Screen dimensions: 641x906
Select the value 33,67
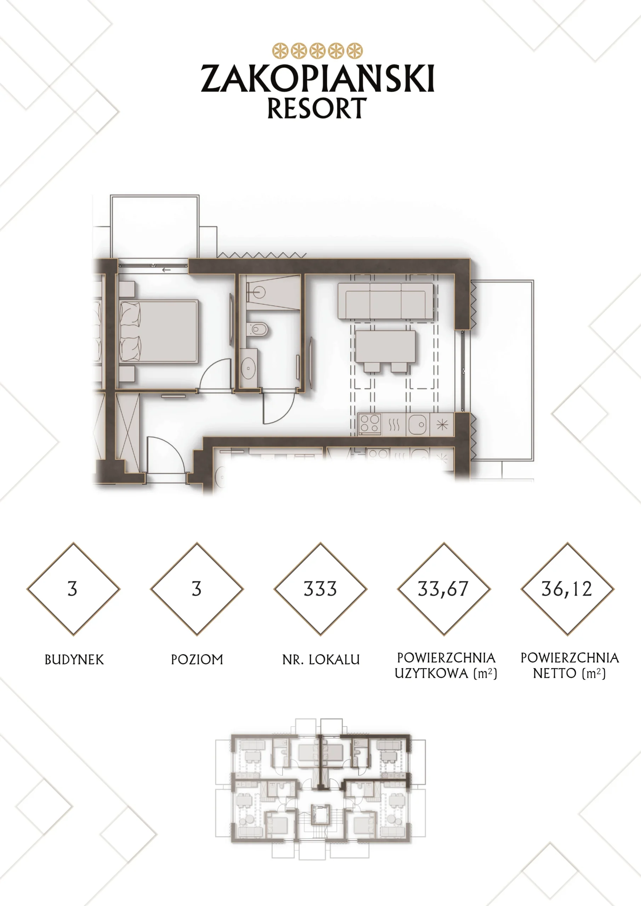(443, 589)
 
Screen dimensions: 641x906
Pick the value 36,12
(567, 589)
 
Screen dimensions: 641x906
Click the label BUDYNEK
(74, 659)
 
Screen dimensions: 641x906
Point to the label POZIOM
(197, 659)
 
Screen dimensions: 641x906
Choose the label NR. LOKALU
(321, 659)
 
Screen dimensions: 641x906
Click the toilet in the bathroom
(257, 329)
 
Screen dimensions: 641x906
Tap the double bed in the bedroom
(159, 332)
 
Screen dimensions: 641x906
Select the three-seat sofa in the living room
(385, 301)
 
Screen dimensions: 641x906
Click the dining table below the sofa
(385, 347)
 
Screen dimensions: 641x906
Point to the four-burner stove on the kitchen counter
(370, 424)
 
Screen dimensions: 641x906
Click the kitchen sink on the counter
(418, 425)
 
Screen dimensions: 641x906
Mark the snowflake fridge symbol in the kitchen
(442, 425)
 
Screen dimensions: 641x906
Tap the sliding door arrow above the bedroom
(166, 270)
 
